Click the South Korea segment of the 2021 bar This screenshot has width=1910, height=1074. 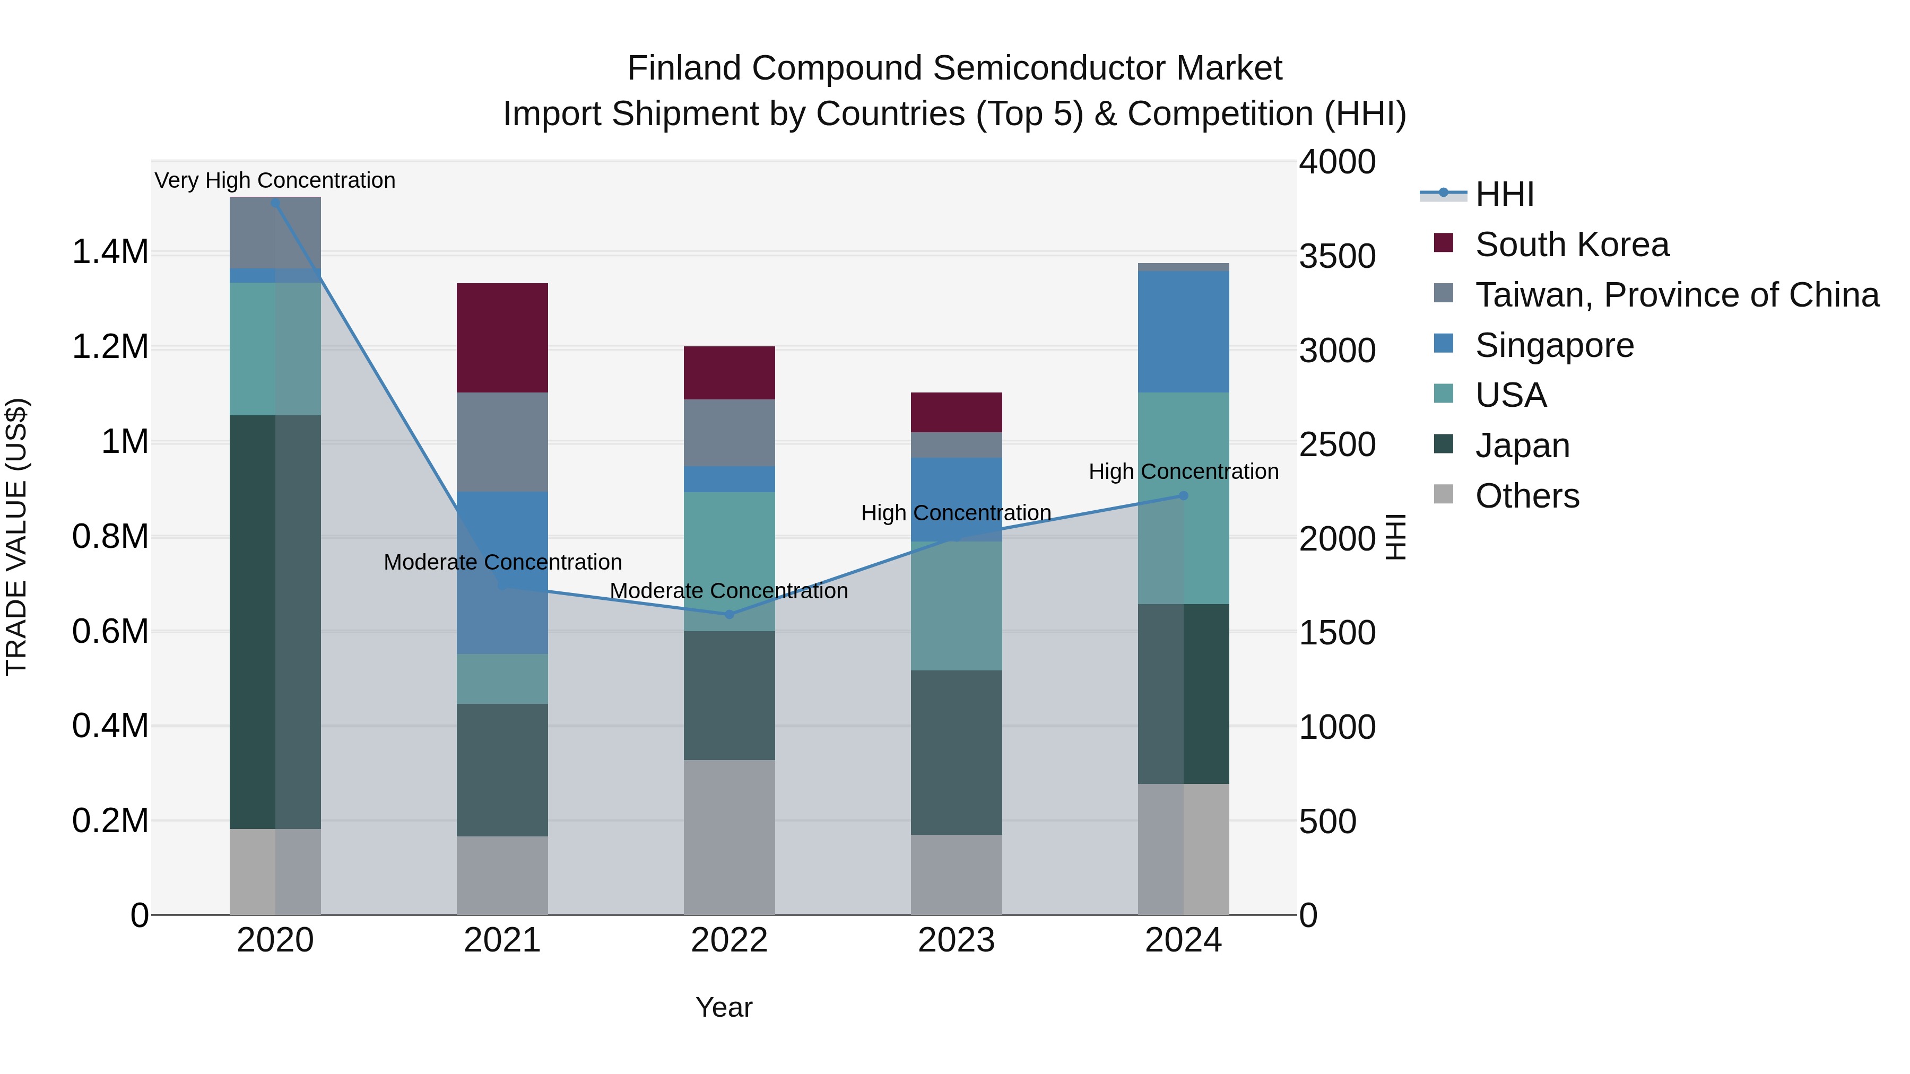point(502,337)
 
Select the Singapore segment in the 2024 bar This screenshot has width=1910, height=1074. point(1183,331)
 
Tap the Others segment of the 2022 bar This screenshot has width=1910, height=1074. point(729,837)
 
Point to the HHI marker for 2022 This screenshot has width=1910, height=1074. point(729,615)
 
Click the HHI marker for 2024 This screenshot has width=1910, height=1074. point(1183,496)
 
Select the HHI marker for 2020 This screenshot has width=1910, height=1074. point(275,203)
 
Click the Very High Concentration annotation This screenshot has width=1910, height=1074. point(275,180)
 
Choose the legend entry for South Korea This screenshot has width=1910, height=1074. point(1572,245)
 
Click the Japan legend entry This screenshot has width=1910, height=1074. point(1522,446)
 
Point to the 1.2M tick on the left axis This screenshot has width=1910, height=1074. point(110,346)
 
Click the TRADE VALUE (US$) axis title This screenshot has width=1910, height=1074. point(17,537)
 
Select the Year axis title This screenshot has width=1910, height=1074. point(724,1007)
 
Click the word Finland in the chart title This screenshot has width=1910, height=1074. point(684,68)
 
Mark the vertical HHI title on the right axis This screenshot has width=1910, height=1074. point(1395,537)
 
